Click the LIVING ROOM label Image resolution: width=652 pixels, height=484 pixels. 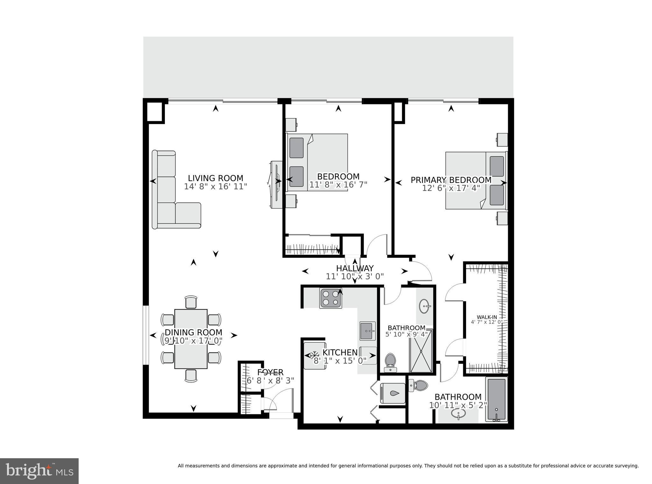point(215,178)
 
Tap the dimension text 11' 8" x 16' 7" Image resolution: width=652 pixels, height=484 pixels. point(338,185)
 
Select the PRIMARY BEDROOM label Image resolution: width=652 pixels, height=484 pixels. point(451,180)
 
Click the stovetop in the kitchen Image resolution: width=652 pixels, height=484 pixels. point(331,298)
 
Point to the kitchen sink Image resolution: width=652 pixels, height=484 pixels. point(368,331)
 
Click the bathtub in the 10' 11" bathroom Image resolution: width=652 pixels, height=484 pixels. point(496,399)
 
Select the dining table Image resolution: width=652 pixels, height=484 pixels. point(191,339)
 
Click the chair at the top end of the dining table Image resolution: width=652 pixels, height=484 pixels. point(191,302)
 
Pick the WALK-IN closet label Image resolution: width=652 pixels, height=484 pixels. point(486,317)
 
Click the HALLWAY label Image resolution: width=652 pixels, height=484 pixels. point(355,269)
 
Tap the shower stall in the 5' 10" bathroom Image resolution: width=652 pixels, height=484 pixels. point(421,351)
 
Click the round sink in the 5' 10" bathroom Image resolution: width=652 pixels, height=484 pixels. point(425,306)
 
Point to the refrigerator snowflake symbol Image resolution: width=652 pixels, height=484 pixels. point(315,354)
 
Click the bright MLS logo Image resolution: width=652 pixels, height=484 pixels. point(39,471)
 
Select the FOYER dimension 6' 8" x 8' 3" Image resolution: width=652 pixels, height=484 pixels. point(270,381)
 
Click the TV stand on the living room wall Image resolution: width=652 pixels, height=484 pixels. point(274,185)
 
